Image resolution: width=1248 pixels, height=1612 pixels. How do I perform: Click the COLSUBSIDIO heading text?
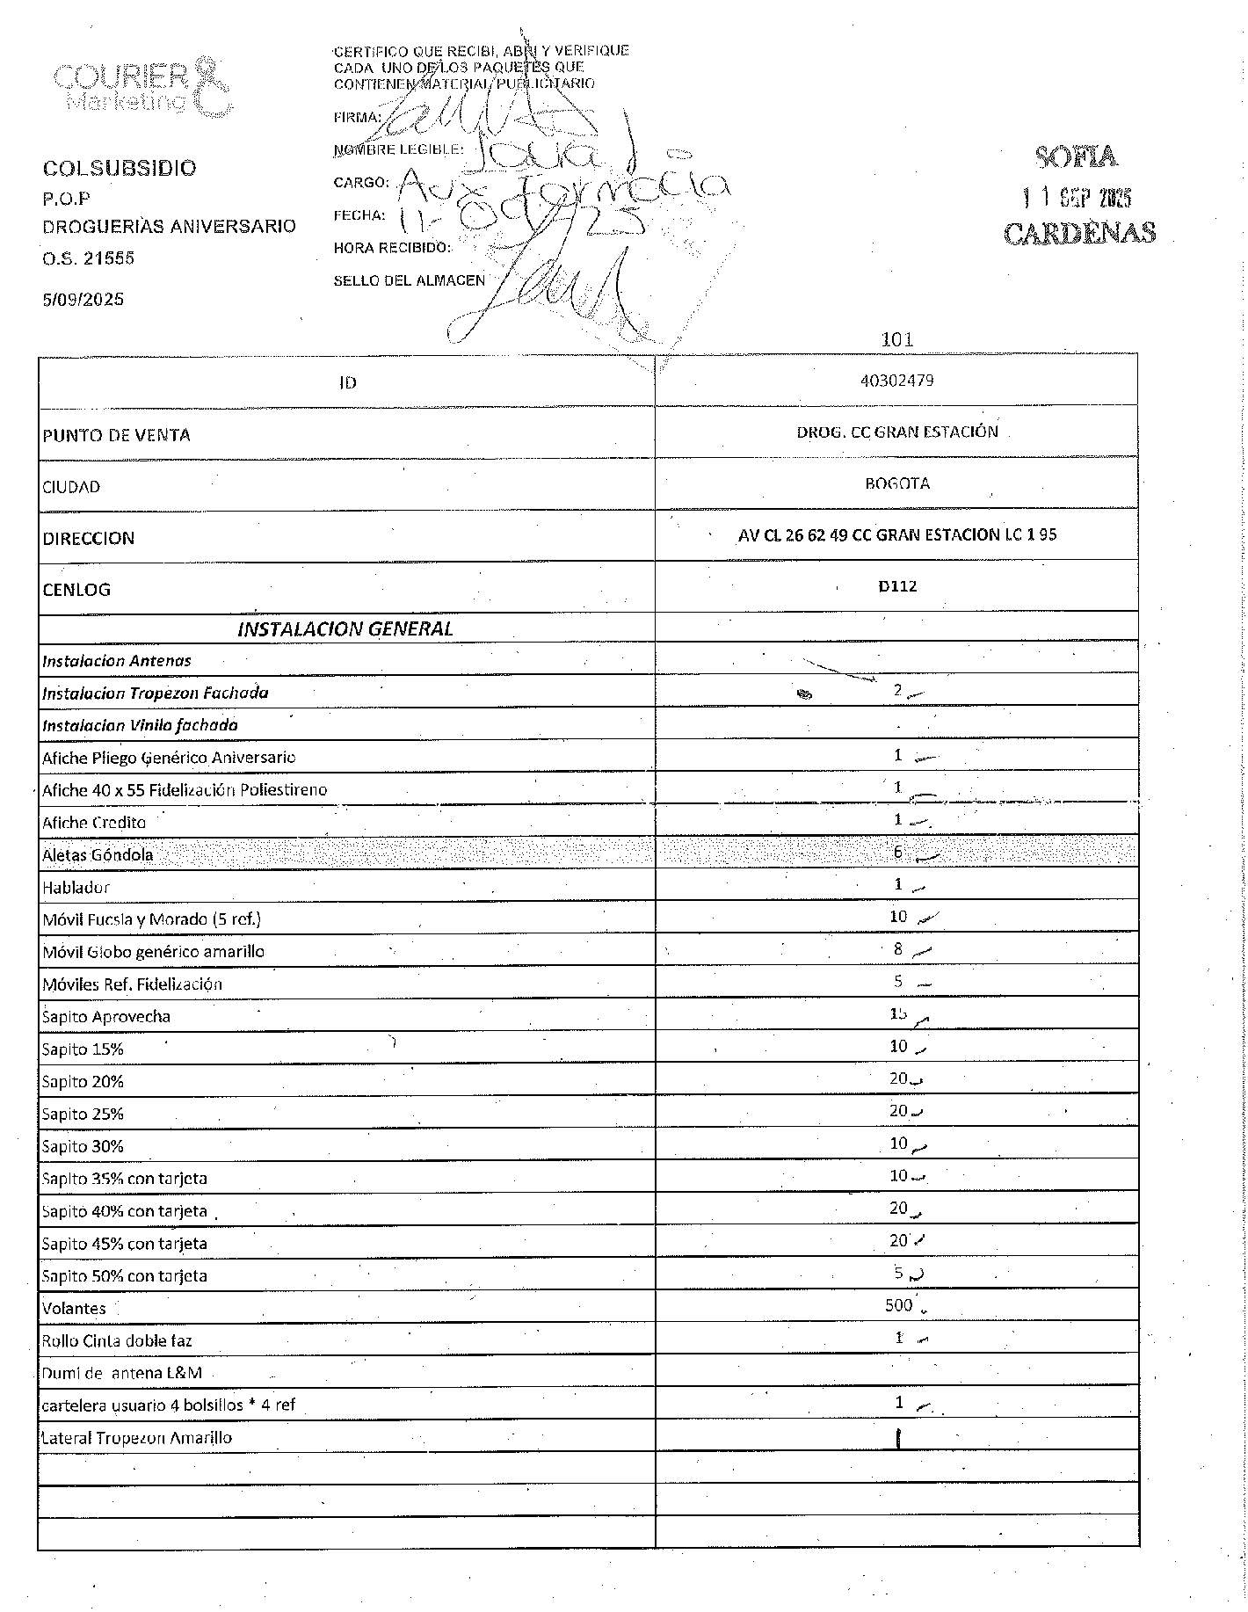click(x=120, y=168)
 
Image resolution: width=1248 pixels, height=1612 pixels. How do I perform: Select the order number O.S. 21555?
click(x=89, y=258)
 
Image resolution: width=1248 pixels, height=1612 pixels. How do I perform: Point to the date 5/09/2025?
click(x=83, y=299)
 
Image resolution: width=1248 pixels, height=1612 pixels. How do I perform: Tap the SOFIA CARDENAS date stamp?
click(x=1078, y=195)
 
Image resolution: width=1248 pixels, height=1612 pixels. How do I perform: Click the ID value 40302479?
click(x=896, y=381)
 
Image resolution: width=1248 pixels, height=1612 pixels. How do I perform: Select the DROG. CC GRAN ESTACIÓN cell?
click(x=896, y=432)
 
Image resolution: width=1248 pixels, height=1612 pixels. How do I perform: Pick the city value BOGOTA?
click(x=896, y=483)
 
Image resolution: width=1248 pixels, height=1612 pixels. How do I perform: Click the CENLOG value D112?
click(x=896, y=586)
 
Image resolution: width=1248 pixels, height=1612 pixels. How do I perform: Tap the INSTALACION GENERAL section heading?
click(x=345, y=628)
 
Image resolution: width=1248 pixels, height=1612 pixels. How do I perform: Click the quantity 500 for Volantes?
click(x=898, y=1305)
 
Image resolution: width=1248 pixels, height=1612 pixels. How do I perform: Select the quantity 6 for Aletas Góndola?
click(x=898, y=852)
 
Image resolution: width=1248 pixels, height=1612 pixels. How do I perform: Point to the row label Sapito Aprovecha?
click(x=106, y=1017)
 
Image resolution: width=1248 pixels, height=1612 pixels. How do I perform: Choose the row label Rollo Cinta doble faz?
click(x=116, y=1341)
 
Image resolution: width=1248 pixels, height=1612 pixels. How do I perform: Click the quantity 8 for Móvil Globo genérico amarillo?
click(x=898, y=949)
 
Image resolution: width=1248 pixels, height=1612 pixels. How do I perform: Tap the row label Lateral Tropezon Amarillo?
click(x=137, y=1438)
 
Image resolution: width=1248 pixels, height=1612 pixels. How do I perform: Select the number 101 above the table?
click(x=896, y=339)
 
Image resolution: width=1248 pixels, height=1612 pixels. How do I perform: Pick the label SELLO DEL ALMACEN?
click(x=409, y=281)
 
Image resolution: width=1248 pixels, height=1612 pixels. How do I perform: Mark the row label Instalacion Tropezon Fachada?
click(x=155, y=693)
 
